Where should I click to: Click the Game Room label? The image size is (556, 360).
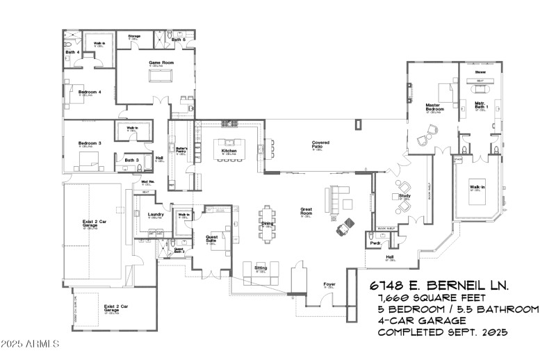(160, 63)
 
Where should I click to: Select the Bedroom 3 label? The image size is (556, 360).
(90, 143)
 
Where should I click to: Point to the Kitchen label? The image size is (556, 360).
(229, 150)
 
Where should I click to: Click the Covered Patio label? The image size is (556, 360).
(320, 144)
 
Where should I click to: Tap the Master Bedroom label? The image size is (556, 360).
(435, 108)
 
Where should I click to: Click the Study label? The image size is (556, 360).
(405, 197)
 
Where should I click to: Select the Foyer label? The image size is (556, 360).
(330, 285)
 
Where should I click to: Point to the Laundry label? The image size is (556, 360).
(156, 214)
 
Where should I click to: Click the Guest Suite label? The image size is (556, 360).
(213, 238)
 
